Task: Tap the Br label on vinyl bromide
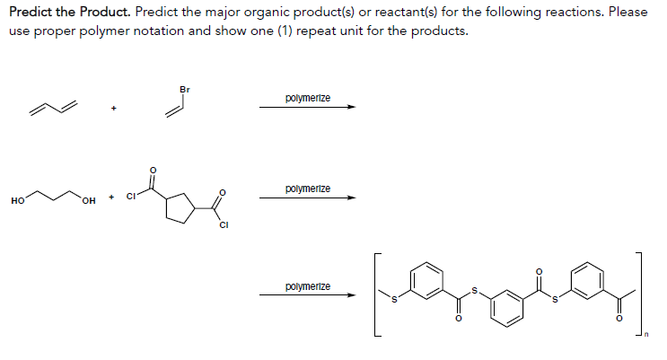tap(184, 89)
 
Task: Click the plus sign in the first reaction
tap(114, 109)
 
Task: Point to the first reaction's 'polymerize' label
tap(307, 97)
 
